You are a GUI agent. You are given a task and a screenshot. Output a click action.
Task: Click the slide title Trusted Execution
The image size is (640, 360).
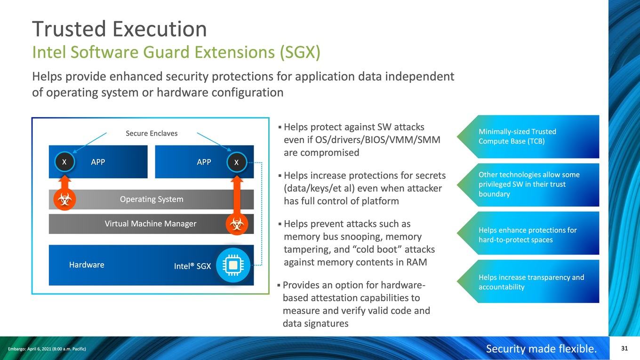[x=119, y=29]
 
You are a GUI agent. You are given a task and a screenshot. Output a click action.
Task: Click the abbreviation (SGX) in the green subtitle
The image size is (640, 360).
[x=300, y=52]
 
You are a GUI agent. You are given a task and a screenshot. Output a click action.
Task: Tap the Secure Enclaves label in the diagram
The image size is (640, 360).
[x=152, y=134]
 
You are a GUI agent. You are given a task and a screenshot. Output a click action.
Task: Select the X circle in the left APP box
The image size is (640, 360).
[x=64, y=162]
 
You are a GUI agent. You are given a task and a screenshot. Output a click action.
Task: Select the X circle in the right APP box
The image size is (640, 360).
[x=237, y=162]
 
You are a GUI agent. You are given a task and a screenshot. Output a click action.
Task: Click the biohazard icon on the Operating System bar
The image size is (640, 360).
[x=64, y=199]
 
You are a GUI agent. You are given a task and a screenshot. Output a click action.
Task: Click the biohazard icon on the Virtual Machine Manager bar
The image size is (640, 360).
[x=237, y=224]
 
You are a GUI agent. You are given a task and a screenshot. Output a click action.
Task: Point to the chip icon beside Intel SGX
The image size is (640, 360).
[x=233, y=265]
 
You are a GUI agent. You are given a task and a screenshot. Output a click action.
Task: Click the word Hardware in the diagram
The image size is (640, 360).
[x=87, y=265]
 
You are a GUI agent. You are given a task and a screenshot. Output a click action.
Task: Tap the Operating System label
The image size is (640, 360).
[x=152, y=199]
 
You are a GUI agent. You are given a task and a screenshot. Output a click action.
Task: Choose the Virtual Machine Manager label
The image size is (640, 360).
[x=150, y=224]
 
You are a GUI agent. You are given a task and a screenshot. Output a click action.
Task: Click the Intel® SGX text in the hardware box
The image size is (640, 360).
[x=192, y=266]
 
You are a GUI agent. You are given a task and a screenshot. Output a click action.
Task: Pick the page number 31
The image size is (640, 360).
[x=624, y=348]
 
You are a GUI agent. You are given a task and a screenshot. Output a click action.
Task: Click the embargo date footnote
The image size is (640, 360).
[x=47, y=349]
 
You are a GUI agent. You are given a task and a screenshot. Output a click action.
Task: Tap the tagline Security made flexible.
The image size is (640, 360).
[x=542, y=349]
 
